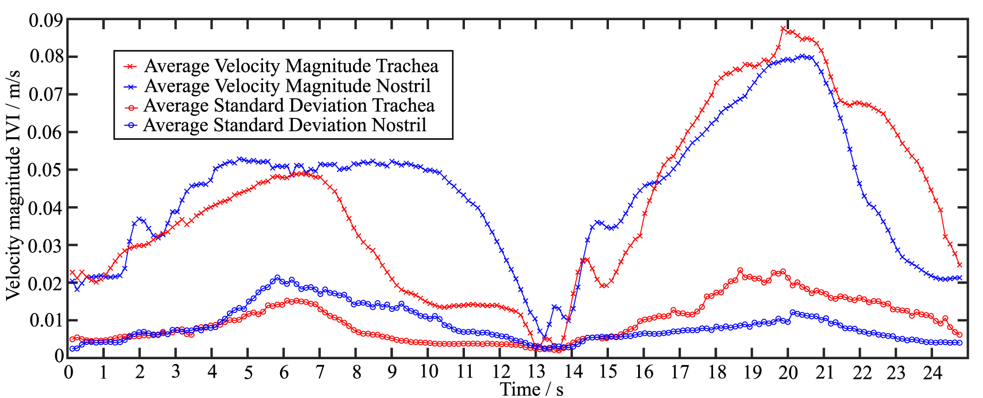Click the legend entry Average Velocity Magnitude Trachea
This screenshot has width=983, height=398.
tap(291, 66)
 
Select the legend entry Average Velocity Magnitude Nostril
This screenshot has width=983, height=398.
tap(287, 86)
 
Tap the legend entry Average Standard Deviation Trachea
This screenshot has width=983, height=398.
tap(289, 105)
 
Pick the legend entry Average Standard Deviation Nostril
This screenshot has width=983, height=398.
tap(285, 125)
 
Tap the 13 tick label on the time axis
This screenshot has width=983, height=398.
tap(536, 372)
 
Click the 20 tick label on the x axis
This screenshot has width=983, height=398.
tap(788, 372)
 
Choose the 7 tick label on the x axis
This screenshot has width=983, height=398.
tap(320, 372)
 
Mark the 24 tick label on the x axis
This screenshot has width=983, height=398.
tap(932, 372)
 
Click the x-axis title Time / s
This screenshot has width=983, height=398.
tap(531, 389)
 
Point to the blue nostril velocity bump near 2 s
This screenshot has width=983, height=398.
tap(140, 219)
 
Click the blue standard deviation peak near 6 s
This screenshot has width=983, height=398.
tap(277, 277)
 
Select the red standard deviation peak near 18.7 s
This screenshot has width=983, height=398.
tap(740, 270)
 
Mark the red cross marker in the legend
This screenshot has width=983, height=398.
tap(131, 66)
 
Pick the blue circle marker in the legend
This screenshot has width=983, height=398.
tap(131, 126)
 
